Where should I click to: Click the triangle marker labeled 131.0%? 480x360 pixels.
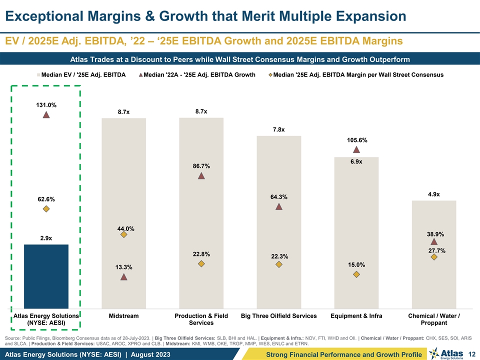coord(46,114)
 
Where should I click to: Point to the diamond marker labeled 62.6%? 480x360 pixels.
coord(46,209)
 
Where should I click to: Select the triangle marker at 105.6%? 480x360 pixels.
coord(356,149)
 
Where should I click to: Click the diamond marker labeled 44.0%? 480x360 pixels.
coord(123,235)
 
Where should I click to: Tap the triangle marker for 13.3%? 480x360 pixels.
coord(123,277)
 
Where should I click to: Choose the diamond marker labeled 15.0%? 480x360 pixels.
coord(356,274)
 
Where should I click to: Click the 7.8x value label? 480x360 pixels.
coord(279,130)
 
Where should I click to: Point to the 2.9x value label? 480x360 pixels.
coord(46,238)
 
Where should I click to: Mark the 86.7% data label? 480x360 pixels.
coord(201,166)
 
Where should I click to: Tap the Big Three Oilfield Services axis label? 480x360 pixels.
coord(279,316)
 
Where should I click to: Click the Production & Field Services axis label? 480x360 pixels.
coord(201,319)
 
